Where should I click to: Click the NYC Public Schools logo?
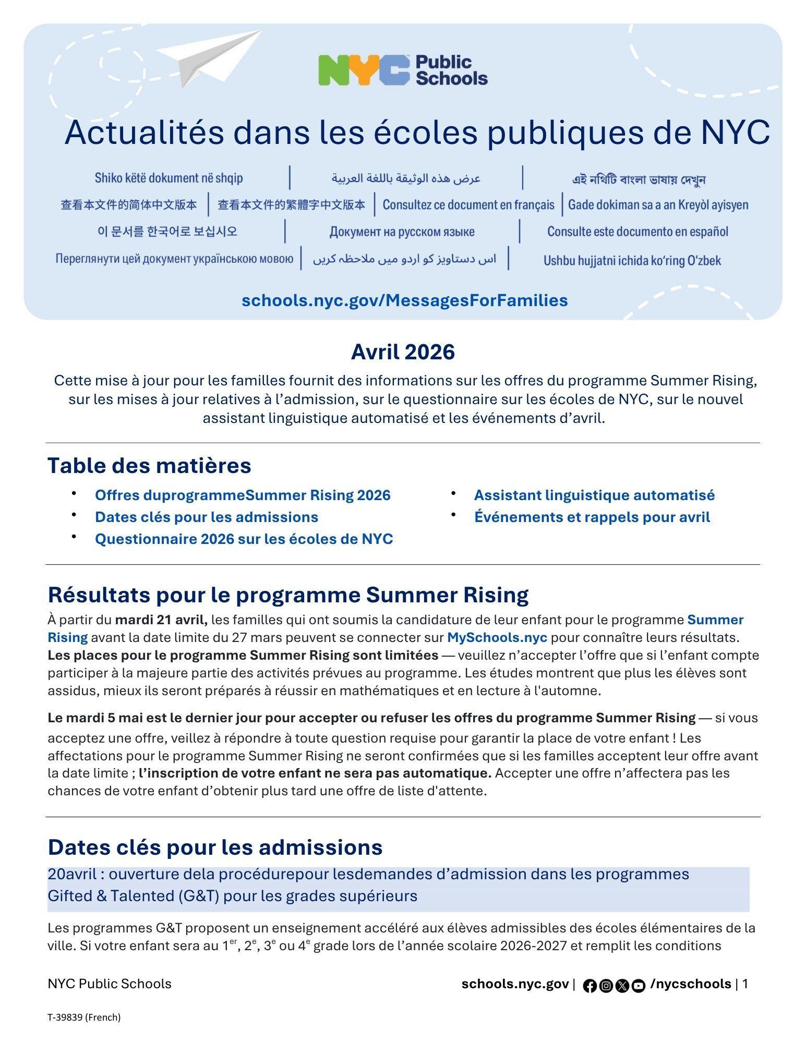click(x=403, y=70)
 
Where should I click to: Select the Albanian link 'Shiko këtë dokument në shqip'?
click(x=169, y=178)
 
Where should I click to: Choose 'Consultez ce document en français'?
click(x=468, y=205)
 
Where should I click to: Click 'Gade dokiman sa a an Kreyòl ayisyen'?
click(x=658, y=205)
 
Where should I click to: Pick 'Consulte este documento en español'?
click(x=637, y=232)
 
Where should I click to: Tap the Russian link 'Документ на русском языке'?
click(x=402, y=232)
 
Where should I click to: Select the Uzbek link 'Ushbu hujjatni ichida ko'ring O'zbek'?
click(x=632, y=260)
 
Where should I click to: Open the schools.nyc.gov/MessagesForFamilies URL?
click(x=404, y=300)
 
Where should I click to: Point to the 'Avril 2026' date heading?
click(x=403, y=352)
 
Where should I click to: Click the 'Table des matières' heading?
click(x=149, y=465)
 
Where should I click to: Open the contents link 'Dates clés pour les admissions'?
click(x=206, y=517)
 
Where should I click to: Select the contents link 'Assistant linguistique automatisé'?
click(x=594, y=495)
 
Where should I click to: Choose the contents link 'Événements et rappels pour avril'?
click(x=592, y=517)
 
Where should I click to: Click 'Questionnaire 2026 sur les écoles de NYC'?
click(x=244, y=539)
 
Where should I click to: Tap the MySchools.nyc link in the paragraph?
click(x=497, y=637)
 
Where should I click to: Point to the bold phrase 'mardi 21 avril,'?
click(x=161, y=620)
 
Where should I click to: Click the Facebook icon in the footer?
click(x=590, y=986)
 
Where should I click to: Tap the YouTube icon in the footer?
click(x=638, y=986)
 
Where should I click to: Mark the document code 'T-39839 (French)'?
click(x=84, y=1017)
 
